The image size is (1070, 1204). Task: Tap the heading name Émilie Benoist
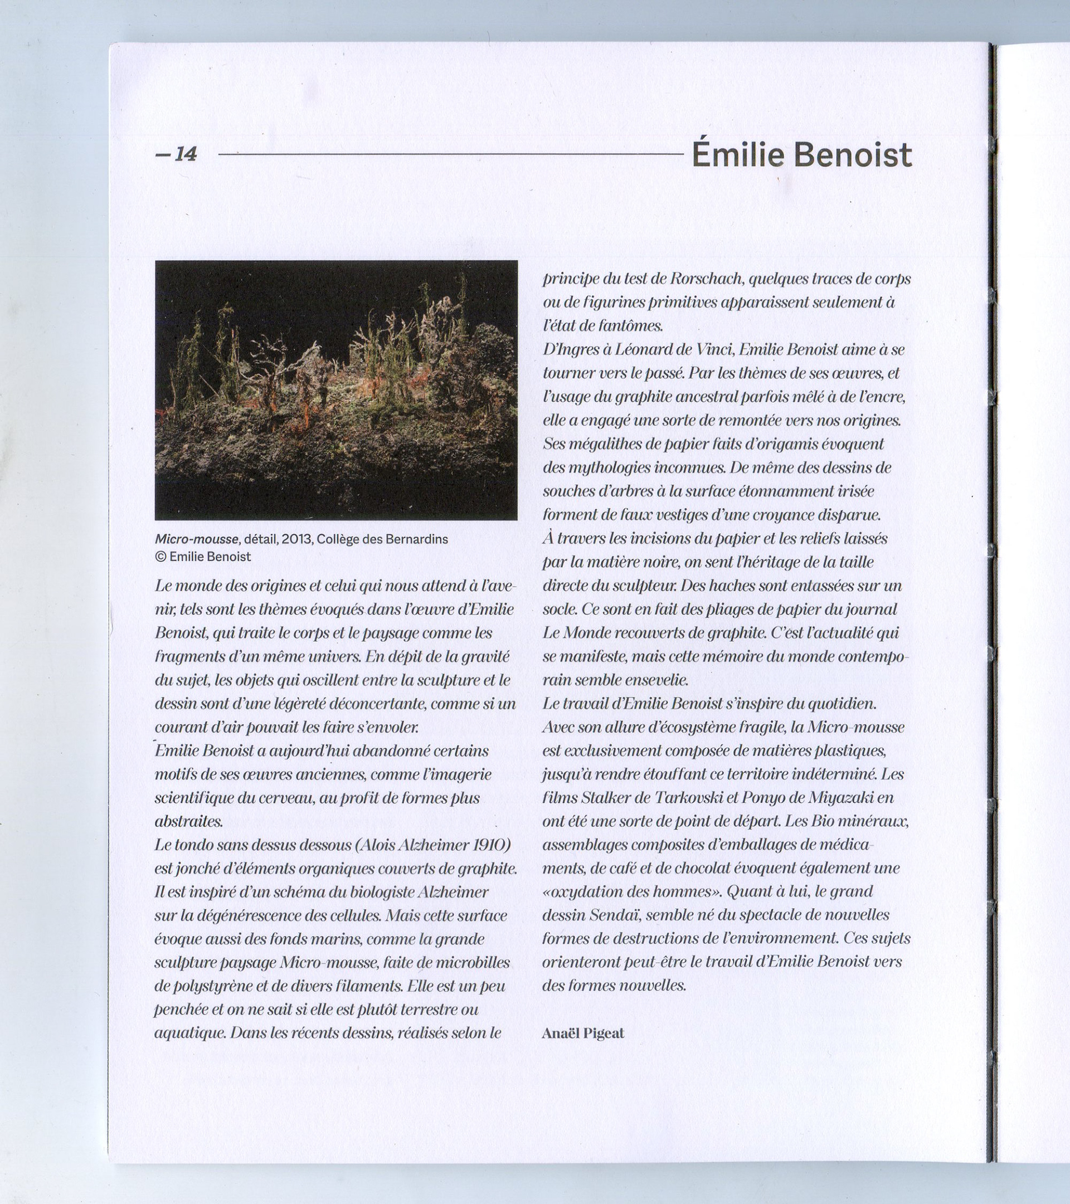[801, 155]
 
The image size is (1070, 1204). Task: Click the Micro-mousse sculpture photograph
[336, 389]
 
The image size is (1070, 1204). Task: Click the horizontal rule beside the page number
[451, 155]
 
